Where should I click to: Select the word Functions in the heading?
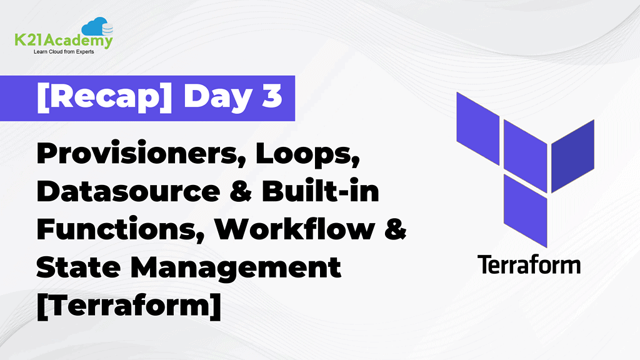[x=119, y=231]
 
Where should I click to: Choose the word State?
[x=76, y=268]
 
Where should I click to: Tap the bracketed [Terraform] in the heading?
[x=128, y=307]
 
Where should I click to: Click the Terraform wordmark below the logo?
[x=529, y=264]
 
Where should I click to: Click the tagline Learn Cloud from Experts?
[x=64, y=52]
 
